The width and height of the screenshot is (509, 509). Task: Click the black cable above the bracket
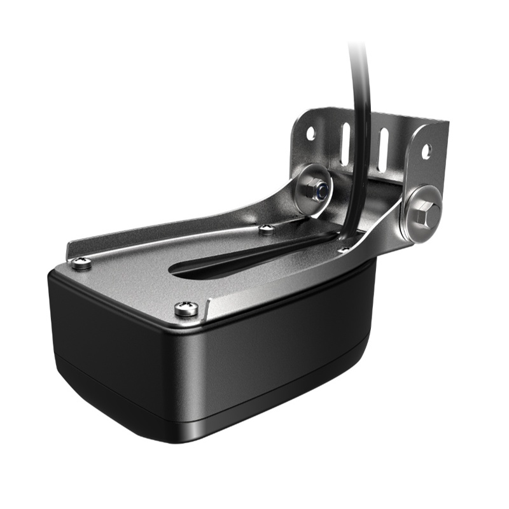pyautogui.click(x=360, y=95)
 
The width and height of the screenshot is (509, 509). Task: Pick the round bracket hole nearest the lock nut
pyautogui.click(x=310, y=135)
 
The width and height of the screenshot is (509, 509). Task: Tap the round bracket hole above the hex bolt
pyautogui.click(x=426, y=151)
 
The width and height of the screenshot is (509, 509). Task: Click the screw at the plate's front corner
pyautogui.click(x=186, y=309)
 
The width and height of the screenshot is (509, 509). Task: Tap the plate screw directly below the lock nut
pyautogui.click(x=267, y=227)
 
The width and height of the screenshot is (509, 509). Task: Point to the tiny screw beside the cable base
pyautogui.click(x=344, y=250)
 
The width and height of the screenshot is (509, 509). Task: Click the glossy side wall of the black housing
pyautogui.click(x=280, y=356)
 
